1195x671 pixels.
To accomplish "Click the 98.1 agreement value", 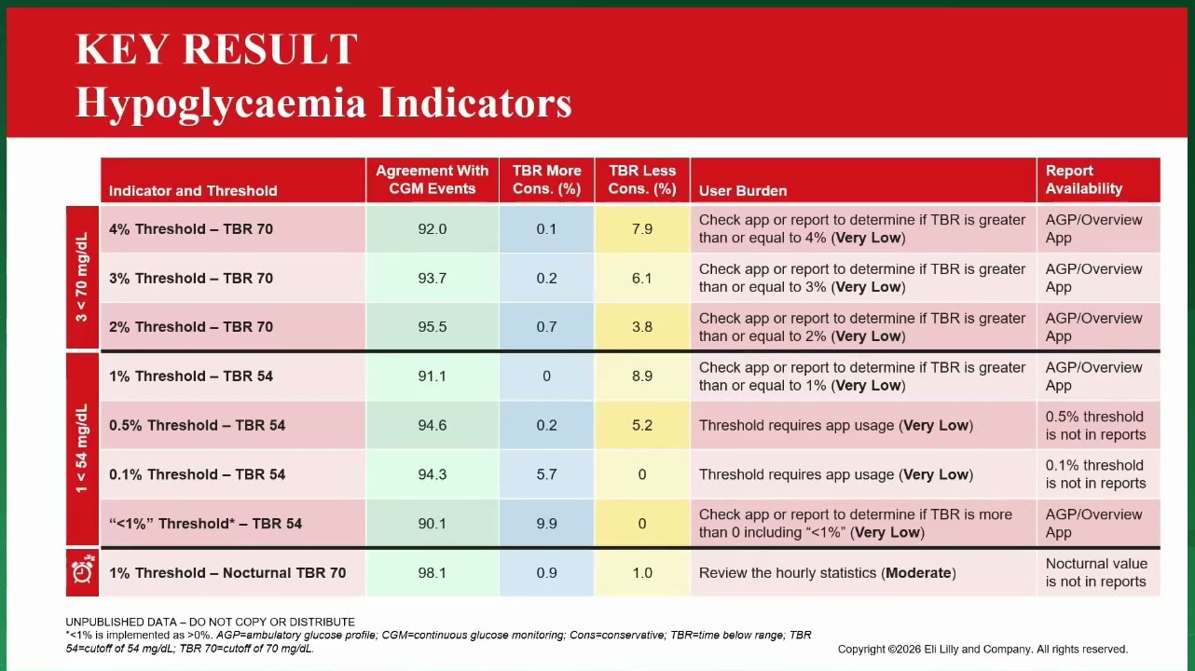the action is pyautogui.click(x=432, y=573).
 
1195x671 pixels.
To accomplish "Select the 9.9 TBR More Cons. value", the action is pyautogui.click(x=546, y=524).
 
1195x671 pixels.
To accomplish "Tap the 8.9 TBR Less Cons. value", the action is pyautogui.click(x=642, y=376).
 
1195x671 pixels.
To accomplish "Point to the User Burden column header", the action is pyautogui.click(x=743, y=191).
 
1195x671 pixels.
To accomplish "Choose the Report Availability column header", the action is pyautogui.click(x=1083, y=180).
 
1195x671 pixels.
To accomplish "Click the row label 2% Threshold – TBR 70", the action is pyautogui.click(x=191, y=327).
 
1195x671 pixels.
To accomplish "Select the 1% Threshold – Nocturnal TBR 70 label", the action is pyautogui.click(x=227, y=573).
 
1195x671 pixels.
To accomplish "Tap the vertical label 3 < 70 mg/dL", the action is pyautogui.click(x=81, y=278).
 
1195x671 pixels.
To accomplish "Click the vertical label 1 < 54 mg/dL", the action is pyautogui.click(x=81, y=448).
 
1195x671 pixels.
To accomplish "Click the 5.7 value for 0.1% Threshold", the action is pyautogui.click(x=546, y=474).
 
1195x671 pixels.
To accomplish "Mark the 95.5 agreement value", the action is pyautogui.click(x=432, y=327).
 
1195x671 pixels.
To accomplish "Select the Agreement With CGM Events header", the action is pyautogui.click(x=433, y=180).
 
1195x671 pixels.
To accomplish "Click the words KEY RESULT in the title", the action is pyautogui.click(x=216, y=49).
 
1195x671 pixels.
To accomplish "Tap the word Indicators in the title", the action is pyautogui.click(x=475, y=103).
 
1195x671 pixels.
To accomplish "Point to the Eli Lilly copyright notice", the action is pyautogui.click(x=982, y=650).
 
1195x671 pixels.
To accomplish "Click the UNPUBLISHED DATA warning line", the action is pyautogui.click(x=210, y=622).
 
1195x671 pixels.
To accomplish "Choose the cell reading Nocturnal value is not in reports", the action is pyautogui.click(x=1096, y=573).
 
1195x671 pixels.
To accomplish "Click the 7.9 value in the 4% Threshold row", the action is pyautogui.click(x=642, y=229).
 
